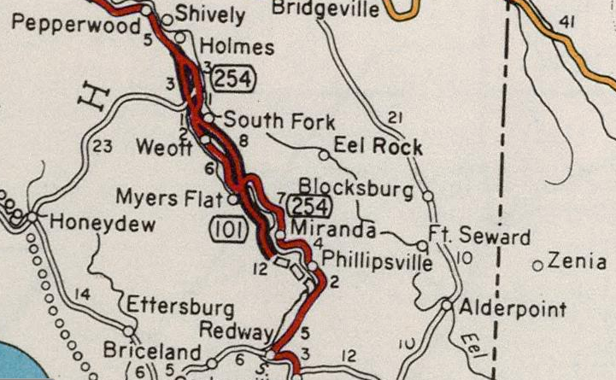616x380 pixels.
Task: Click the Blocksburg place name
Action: pos(355,188)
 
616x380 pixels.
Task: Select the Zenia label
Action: pos(578,262)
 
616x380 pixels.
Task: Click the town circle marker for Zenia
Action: pos(538,266)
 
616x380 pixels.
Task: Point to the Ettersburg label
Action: pos(181,307)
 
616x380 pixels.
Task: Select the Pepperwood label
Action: pos(77,26)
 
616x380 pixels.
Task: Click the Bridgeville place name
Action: pos(326,9)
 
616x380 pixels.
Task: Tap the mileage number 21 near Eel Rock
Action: pos(394,118)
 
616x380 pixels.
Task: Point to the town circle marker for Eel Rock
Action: pos(324,155)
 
